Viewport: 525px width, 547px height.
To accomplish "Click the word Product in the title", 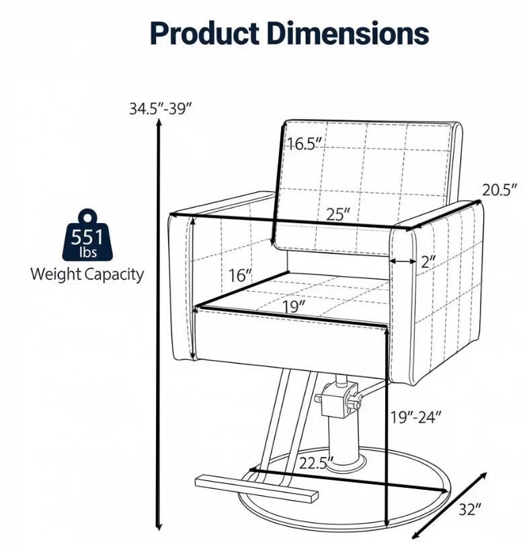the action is (204, 33).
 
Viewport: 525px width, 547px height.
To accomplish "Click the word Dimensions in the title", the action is (349, 33).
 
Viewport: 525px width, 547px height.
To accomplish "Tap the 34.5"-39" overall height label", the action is (161, 108).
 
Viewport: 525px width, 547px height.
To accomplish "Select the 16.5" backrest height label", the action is (305, 144).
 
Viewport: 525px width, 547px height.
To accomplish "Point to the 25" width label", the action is (338, 214).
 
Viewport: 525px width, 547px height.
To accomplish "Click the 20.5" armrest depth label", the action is (499, 190).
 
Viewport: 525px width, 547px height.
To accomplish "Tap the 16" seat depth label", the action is (240, 276).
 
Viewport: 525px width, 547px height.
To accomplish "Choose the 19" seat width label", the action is (294, 307).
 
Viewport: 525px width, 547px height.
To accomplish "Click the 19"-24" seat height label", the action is (415, 417).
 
